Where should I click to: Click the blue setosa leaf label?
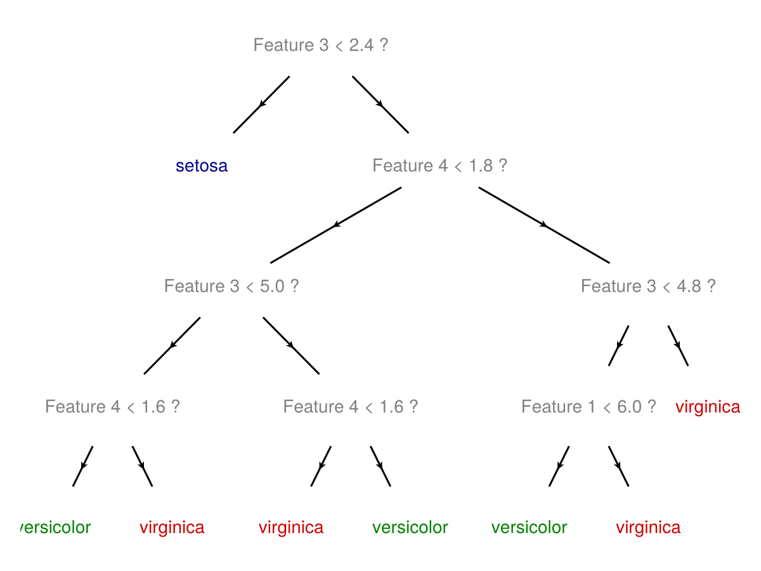coord(202,166)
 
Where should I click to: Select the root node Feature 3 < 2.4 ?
coord(320,46)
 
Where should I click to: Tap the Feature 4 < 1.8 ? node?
coord(439,166)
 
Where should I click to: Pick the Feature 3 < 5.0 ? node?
coord(231,286)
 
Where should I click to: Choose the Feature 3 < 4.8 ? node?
coord(648,286)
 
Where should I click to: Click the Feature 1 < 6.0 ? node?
coord(589,407)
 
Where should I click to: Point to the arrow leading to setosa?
coord(261,105)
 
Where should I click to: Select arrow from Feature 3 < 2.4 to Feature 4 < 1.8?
coord(380,105)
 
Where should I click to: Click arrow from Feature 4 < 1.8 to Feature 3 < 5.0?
coord(336,225)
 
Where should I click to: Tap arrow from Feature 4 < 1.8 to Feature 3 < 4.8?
coord(543,225)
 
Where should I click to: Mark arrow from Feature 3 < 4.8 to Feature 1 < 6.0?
coord(619,346)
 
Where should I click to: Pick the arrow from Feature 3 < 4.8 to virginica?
coord(678,346)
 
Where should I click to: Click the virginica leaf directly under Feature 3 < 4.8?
coord(708,407)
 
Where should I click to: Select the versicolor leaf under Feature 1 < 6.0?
coord(529,527)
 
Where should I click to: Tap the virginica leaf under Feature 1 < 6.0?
coord(648,527)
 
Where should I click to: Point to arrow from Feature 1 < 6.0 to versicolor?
coord(559,466)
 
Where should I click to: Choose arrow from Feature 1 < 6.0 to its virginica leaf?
coord(618,466)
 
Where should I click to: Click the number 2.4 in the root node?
coord(360,46)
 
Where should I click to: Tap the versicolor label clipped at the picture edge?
coord(56,527)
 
